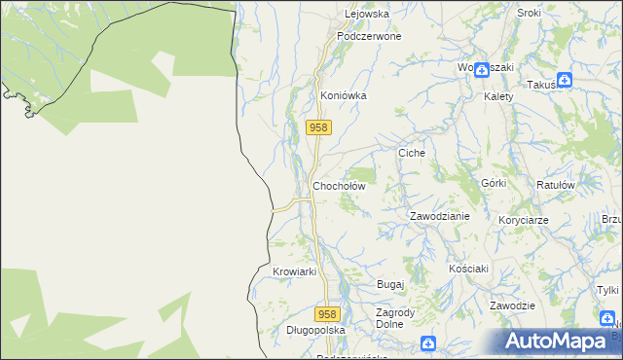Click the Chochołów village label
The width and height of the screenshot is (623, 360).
pyautogui.click(x=338, y=186)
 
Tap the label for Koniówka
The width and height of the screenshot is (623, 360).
pyautogui.click(x=343, y=96)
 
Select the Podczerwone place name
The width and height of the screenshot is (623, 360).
pyautogui.click(x=369, y=36)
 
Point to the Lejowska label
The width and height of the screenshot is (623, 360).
pyautogui.click(x=367, y=15)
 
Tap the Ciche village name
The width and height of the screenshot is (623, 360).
pyautogui.click(x=412, y=154)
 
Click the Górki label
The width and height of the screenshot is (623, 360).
pyautogui.click(x=495, y=183)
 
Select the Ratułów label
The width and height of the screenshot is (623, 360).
pyautogui.click(x=556, y=184)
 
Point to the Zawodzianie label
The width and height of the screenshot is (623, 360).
pyautogui.click(x=439, y=216)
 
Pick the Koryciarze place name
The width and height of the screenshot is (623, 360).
pyautogui.click(x=523, y=220)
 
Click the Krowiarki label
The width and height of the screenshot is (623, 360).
pyautogui.click(x=296, y=271)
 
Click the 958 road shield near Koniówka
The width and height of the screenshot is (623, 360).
pyautogui.click(x=319, y=127)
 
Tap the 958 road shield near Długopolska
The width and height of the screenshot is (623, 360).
pyautogui.click(x=328, y=314)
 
